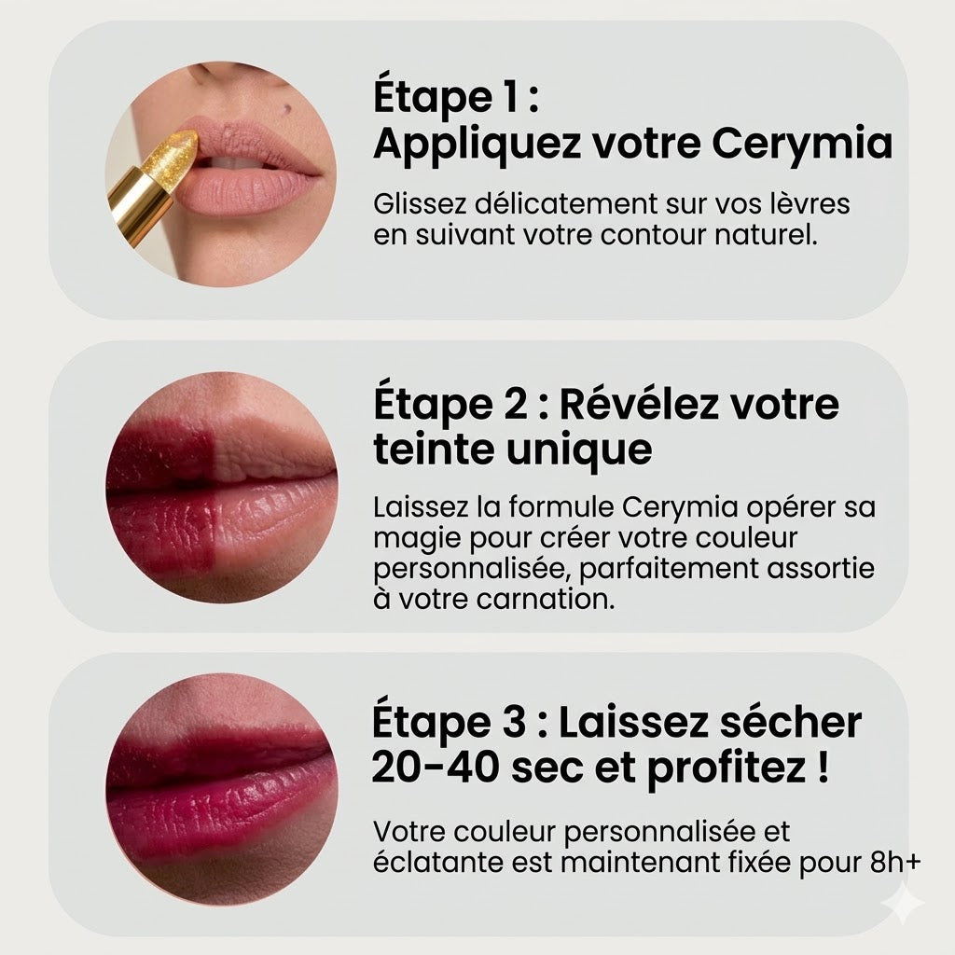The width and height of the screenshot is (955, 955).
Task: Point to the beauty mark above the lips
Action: (x=287, y=109)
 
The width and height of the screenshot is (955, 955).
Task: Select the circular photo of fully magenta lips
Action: (x=221, y=789)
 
